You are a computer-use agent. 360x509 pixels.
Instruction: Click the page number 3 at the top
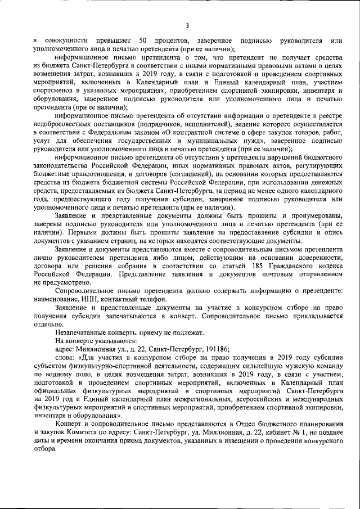(x=187, y=24)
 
